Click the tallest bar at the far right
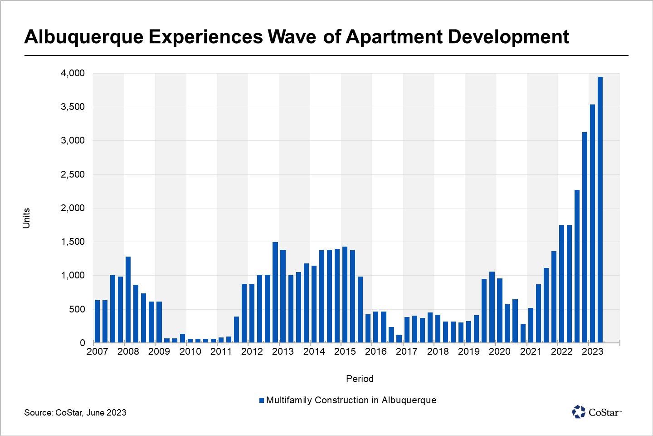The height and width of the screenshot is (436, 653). [600, 209]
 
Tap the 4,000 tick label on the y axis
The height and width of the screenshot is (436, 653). [73, 73]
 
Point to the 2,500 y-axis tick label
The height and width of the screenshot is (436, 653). [73, 174]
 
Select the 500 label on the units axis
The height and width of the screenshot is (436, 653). [77, 309]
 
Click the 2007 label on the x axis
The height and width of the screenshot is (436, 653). [97, 352]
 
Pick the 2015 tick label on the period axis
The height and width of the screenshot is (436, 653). [345, 352]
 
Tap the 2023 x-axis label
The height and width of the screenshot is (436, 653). [592, 352]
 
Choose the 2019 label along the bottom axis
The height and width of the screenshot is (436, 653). [468, 352]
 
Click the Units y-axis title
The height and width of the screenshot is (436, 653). [26, 218]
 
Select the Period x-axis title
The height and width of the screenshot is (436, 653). [360, 379]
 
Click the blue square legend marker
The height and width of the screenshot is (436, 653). [262, 401]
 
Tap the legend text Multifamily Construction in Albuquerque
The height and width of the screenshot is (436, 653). [351, 400]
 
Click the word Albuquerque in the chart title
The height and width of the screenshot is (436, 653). [84, 37]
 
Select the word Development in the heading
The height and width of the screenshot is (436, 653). [508, 37]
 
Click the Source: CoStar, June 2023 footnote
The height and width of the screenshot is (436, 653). [75, 413]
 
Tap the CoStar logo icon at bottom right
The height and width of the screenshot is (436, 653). [579, 412]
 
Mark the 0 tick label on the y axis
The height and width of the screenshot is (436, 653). [82, 343]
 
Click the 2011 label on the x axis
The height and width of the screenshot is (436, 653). [221, 352]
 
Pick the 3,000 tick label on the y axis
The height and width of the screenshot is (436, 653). [73, 141]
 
